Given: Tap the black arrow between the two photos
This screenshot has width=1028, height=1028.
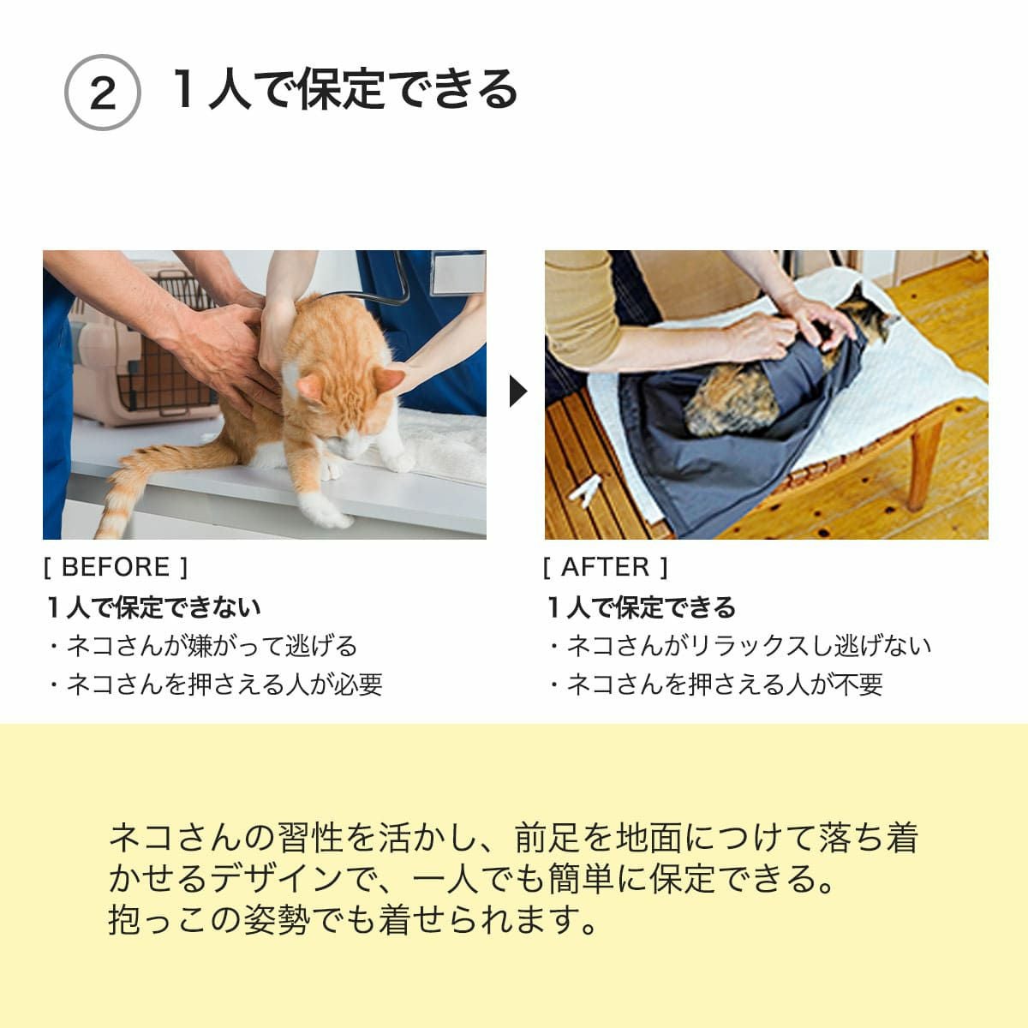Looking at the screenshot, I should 517,392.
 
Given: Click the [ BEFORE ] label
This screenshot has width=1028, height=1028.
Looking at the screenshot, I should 115,567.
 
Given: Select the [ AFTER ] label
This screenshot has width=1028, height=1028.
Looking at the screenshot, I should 606,567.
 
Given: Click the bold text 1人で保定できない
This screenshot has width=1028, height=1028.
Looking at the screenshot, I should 154,607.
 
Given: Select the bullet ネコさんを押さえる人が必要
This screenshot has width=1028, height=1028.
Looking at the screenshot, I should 215,684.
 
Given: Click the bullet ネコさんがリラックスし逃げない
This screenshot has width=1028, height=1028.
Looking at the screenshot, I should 739,645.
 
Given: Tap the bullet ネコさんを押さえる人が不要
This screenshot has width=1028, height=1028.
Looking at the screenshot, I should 715,684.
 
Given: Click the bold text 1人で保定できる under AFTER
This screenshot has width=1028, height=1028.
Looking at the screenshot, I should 642,607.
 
